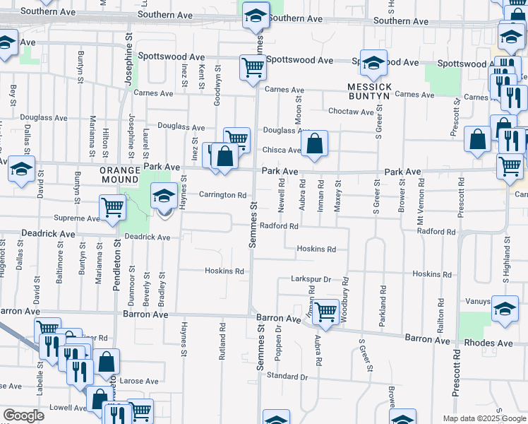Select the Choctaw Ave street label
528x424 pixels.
click(351, 112)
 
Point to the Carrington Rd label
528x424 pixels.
click(222, 195)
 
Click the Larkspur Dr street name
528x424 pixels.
click(311, 280)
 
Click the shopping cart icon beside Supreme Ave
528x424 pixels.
click(113, 208)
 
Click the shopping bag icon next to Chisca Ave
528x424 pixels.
click(315, 143)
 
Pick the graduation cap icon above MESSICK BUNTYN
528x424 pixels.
click(373, 63)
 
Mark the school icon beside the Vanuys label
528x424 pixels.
click(505, 308)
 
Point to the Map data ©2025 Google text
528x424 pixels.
click(484, 418)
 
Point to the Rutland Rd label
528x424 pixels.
click(222, 342)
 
